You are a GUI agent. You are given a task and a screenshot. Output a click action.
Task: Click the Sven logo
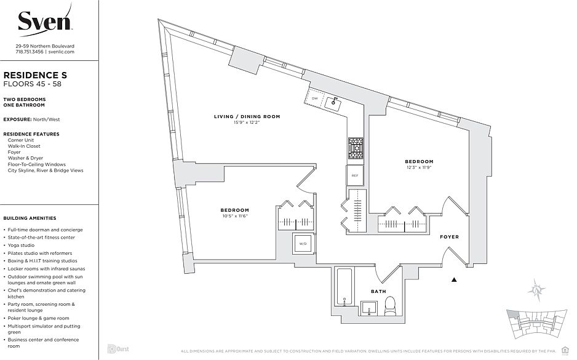tap(45, 23)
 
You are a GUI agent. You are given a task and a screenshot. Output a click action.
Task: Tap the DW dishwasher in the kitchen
tap(314, 98)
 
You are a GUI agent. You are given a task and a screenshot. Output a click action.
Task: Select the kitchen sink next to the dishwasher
tap(335, 103)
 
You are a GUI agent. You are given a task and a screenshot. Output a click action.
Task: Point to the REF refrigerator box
tap(355, 175)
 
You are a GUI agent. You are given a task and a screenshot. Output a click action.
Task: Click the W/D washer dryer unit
tap(302, 243)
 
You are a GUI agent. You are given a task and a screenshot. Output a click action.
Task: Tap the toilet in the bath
tap(389, 306)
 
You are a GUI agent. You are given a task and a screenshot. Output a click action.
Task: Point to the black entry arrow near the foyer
tap(455, 279)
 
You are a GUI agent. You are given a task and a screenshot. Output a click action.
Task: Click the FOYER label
tap(449, 237)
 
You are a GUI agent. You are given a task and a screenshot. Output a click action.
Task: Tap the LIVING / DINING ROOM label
tap(247, 116)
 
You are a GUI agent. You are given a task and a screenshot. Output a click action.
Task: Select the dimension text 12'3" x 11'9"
tap(419, 167)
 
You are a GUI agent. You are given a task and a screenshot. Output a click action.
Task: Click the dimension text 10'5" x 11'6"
tap(236, 216)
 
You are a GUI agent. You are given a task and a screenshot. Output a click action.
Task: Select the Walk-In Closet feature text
tap(24, 146)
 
